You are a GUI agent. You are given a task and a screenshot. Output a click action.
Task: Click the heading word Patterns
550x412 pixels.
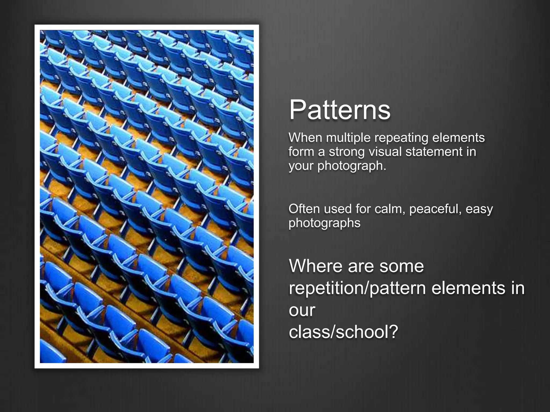tap(339, 110)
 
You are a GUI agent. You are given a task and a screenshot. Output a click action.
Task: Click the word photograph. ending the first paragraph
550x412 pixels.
tap(352, 166)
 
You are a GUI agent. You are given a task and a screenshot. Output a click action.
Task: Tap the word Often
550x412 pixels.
tap(304, 209)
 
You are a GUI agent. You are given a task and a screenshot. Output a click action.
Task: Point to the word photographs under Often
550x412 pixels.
tap(324, 223)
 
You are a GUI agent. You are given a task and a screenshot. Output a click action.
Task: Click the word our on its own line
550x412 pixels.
tap(302, 311)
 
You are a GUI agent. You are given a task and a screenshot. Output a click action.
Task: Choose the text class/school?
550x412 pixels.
tap(343, 332)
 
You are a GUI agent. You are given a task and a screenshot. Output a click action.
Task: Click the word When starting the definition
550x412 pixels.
tap(305, 138)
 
